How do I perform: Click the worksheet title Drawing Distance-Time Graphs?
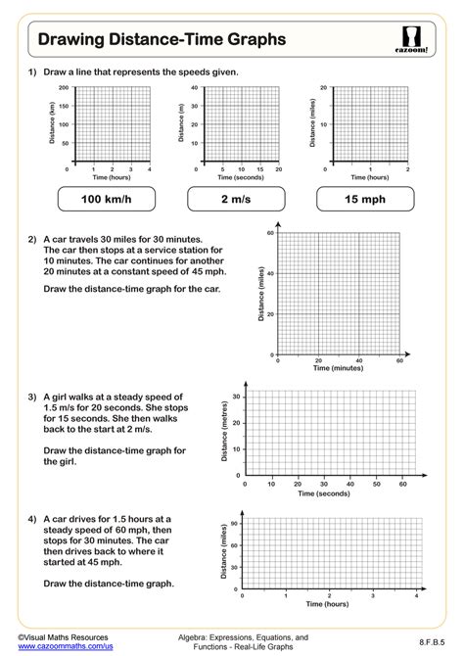tap(162, 39)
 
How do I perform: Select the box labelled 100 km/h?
tap(105, 199)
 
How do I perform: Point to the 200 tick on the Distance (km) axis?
tap(64, 88)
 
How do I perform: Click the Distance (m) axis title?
tap(181, 125)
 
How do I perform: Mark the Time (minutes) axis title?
tap(338, 369)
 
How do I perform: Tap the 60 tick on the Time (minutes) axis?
tap(399, 361)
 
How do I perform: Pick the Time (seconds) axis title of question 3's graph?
tap(324, 494)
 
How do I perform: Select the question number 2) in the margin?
tap(32, 239)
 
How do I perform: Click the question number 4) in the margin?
tap(32, 520)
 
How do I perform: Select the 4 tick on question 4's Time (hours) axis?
tap(416, 595)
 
